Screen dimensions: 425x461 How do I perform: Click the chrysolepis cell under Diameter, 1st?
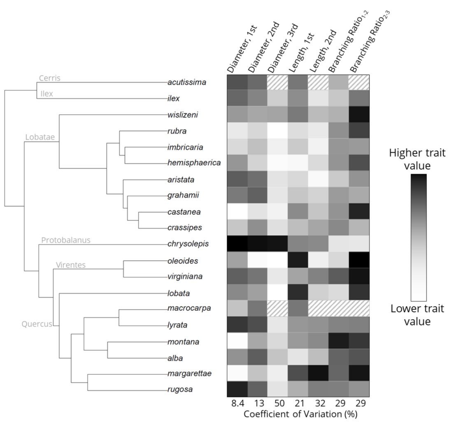tap(237, 244)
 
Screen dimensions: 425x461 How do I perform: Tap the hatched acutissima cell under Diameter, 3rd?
tap(277, 82)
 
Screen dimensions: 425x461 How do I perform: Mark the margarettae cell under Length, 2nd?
tap(318, 373)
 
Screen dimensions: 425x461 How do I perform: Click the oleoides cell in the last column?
tap(359, 260)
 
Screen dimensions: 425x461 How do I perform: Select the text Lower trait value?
tap(417, 315)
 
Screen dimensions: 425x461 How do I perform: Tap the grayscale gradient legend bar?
tap(418, 237)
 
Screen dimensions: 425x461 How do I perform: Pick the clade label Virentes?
tap(71, 265)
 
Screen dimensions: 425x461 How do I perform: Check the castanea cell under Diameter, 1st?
tap(237, 212)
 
